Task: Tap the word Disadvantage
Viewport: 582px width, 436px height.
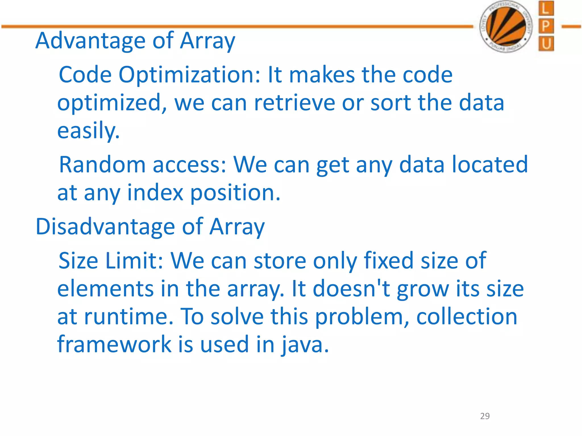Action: point(105,227)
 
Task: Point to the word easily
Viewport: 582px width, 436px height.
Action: point(88,131)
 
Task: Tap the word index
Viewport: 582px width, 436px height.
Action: point(155,192)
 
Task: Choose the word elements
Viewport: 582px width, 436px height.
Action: point(105,289)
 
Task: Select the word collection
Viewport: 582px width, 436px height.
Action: point(467,317)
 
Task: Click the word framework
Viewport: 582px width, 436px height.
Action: point(114,345)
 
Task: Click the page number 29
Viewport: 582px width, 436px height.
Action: point(485,416)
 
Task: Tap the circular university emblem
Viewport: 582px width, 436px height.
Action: point(506,27)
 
